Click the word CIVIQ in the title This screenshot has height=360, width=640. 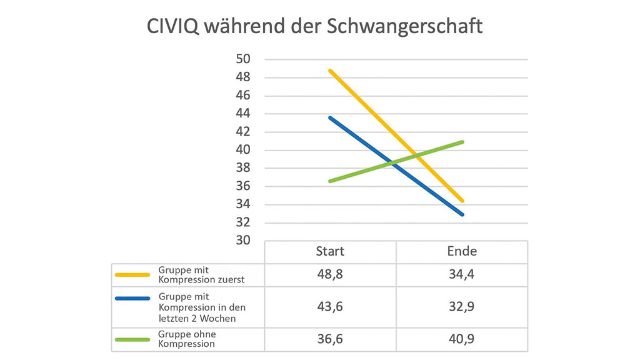[174, 27]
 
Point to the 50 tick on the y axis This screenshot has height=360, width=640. [242, 59]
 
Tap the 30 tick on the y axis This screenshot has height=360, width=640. [242, 241]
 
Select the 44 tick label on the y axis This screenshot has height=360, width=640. [242, 114]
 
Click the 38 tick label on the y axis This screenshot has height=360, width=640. [242, 168]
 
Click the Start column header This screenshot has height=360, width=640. [330, 251]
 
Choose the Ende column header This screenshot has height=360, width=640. [462, 251]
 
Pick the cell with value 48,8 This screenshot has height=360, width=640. [330, 274]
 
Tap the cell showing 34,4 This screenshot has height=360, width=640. [462, 274]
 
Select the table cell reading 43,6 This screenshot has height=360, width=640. [330, 306]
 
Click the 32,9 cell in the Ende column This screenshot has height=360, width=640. [462, 306]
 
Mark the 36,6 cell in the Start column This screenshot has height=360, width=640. [330, 339]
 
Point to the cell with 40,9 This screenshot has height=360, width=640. [462, 339]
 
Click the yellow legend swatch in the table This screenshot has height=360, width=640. [132, 274]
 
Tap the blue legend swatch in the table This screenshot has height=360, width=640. [132, 299]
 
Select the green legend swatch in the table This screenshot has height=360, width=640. [132, 339]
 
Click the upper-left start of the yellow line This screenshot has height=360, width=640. [330, 71]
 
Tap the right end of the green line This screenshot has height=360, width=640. [462, 142]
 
